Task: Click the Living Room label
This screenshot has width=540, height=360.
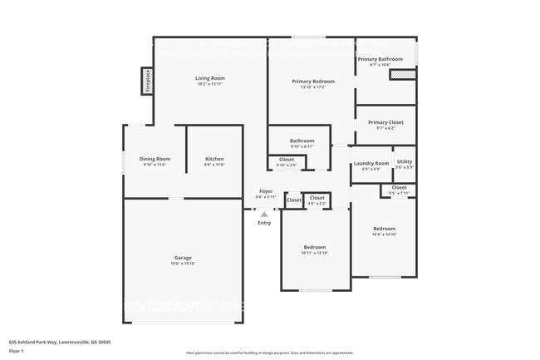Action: pyautogui.click(x=210, y=78)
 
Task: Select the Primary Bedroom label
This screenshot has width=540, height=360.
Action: pyautogui.click(x=313, y=81)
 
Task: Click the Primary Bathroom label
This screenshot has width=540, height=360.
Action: pyautogui.click(x=380, y=59)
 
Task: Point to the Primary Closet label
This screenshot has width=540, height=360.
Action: pyautogui.click(x=385, y=122)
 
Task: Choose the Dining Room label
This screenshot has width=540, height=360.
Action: pyautogui.click(x=155, y=159)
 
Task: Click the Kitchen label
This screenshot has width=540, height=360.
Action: pyautogui.click(x=214, y=159)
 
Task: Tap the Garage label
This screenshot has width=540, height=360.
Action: pyautogui.click(x=183, y=258)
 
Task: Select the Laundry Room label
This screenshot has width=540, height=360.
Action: pyautogui.click(x=371, y=163)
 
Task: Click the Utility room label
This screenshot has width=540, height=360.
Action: pyautogui.click(x=404, y=161)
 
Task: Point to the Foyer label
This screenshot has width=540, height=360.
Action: pyautogui.click(x=265, y=191)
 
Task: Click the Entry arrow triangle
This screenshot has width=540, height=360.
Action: pyautogui.click(x=264, y=214)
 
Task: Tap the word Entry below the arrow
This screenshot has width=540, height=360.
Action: pyautogui.click(x=264, y=223)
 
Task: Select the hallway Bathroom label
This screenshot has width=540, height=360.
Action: pyautogui.click(x=302, y=141)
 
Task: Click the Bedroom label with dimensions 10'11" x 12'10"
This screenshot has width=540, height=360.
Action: pyautogui.click(x=314, y=247)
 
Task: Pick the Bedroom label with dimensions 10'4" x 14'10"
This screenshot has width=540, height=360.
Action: pyautogui.click(x=384, y=229)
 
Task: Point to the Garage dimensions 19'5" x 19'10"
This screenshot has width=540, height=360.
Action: pyautogui.click(x=183, y=264)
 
